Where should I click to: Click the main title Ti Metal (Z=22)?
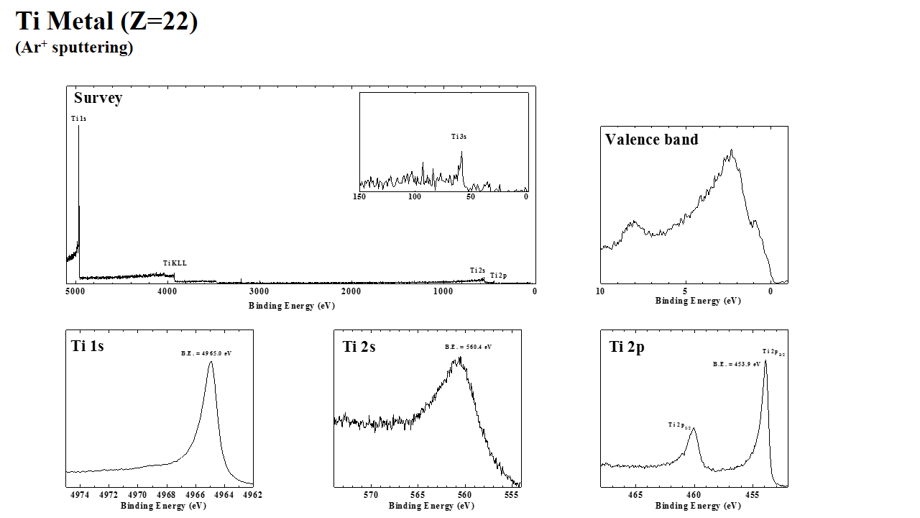(x=106, y=22)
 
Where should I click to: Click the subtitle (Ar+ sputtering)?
(x=74, y=48)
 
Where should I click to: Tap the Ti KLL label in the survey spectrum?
(x=175, y=263)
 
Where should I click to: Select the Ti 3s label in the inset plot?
(x=459, y=137)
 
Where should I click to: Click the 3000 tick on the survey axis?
(x=259, y=291)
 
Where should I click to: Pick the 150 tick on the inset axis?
(x=360, y=196)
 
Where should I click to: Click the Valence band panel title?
(x=651, y=140)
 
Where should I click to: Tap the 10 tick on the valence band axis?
(x=600, y=291)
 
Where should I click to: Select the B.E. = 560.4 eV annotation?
(x=468, y=347)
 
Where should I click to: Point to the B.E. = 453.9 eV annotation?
(x=737, y=364)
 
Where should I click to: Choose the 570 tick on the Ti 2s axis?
(x=371, y=495)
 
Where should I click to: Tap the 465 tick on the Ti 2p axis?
(x=635, y=495)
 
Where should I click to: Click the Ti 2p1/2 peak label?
(x=679, y=425)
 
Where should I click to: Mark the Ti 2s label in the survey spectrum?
(x=478, y=271)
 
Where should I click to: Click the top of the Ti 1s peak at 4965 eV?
(x=211, y=362)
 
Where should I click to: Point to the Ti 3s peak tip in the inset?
(x=461, y=151)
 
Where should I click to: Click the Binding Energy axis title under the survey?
(x=292, y=306)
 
